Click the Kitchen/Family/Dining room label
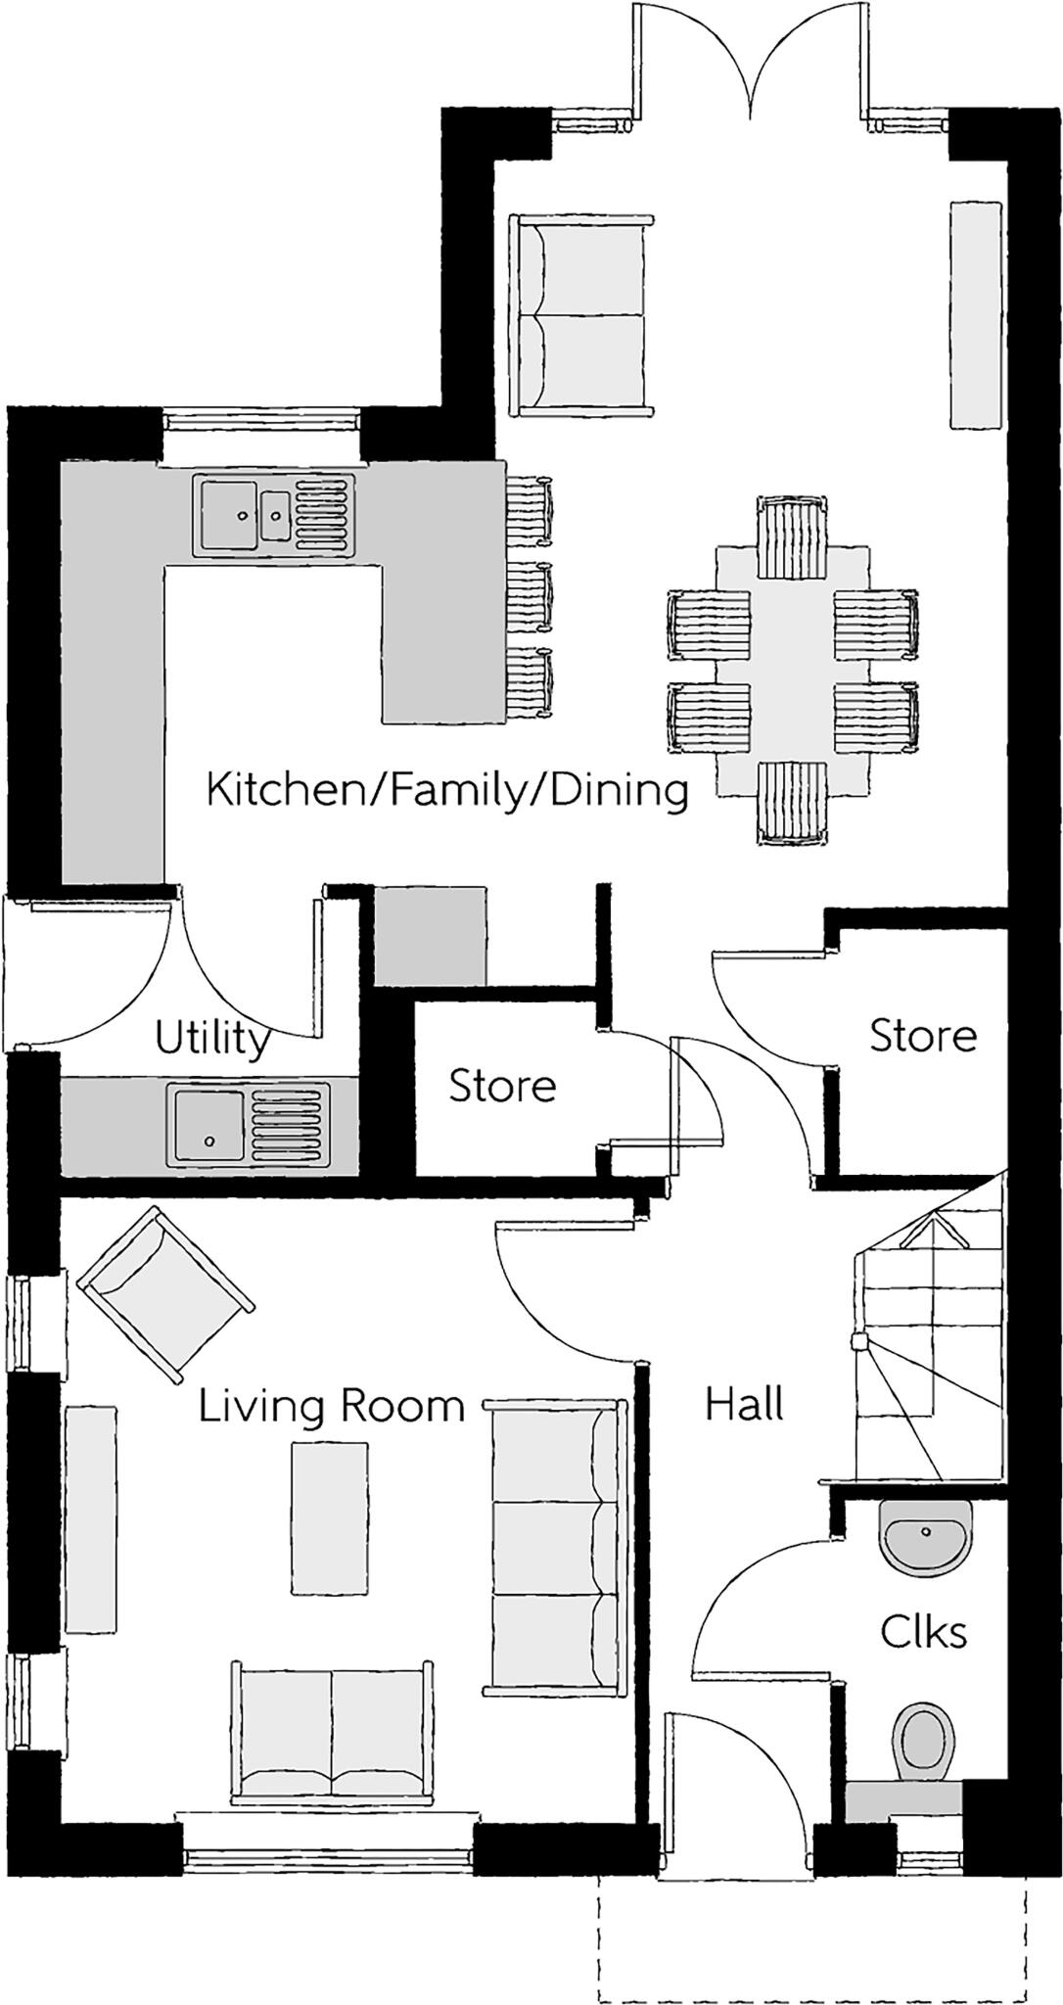[x=447, y=790]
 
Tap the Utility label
[x=212, y=1039]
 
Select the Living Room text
[x=331, y=1407]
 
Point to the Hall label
[x=744, y=1406]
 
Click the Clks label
[x=923, y=1632]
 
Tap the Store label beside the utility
[x=502, y=1086]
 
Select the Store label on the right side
[x=923, y=1036]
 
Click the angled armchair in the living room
[x=166, y=1294]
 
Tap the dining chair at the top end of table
[x=792, y=536]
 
